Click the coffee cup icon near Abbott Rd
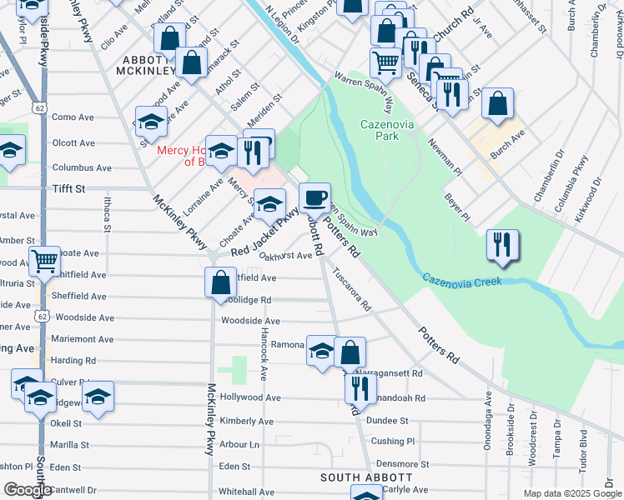[315, 198]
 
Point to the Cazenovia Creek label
[461, 281]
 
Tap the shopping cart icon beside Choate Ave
[44, 261]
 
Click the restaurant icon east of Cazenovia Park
[501, 244]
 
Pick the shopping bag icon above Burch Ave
[497, 103]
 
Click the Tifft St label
[68, 189]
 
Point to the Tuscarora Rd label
[351, 288]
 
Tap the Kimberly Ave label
[247, 422]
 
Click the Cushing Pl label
[392, 441]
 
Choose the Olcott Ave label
[73, 142]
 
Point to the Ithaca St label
[107, 209]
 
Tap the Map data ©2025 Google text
[571, 493]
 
